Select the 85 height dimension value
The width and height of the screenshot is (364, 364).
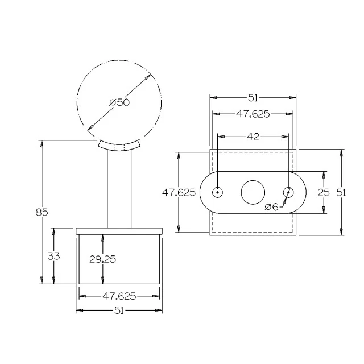point(41,212)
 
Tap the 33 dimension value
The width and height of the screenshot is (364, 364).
point(53,256)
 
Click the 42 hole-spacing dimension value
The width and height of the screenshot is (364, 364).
point(253,136)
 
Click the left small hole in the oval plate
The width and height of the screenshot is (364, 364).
point(218,192)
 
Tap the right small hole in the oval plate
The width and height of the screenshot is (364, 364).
point(289,192)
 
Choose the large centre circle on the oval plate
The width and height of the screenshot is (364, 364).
point(253,192)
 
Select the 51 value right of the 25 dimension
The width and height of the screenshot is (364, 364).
point(341,192)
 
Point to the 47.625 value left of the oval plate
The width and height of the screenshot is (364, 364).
point(179,192)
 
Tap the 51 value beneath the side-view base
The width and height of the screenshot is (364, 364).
point(119,311)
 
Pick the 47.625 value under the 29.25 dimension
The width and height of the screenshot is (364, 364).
point(119,296)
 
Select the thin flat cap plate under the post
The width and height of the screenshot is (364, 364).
point(119,230)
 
